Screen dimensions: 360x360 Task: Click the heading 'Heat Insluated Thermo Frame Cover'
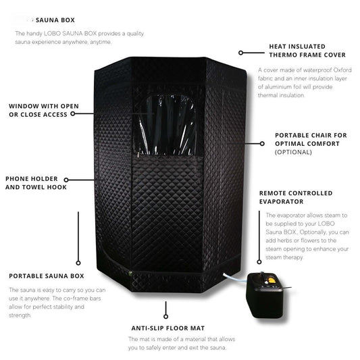(x=307, y=51)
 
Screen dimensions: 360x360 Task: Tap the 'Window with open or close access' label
(x=44, y=111)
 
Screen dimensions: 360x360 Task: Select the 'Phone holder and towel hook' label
(x=36, y=183)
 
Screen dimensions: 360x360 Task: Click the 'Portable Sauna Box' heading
(x=47, y=276)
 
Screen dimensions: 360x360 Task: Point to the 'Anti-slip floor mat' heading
(x=168, y=328)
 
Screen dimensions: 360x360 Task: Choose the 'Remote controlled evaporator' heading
(x=296, y=197)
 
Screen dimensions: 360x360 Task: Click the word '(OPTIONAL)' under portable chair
(x=293, y=152)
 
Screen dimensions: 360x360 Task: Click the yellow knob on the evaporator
(x=272, y=280)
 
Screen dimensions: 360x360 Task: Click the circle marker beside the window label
(x=73, y=113)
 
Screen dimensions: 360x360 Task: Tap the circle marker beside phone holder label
(x=66, y=180)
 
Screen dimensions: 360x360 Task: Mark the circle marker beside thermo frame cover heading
(x=240, y=53)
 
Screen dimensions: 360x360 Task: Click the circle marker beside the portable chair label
(x=262, y=144)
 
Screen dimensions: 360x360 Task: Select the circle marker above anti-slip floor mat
(x=165, y=317)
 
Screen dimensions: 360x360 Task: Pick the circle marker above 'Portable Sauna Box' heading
(x=78, y=263)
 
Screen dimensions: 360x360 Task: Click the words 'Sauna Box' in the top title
(x=55, y=20)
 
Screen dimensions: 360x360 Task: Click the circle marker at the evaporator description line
(x=259, y=262)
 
